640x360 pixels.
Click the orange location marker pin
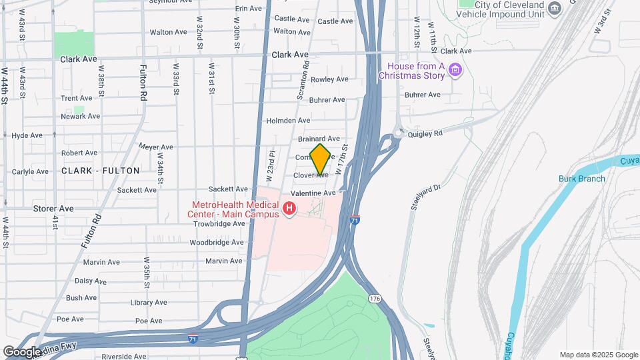tap(320, 159)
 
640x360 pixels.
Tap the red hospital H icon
tap(289, 209)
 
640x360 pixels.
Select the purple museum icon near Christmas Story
tap(456, 70)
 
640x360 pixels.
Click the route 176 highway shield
tap(375, 299)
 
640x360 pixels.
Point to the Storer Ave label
tap(53, 209)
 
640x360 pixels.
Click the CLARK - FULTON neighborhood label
tap(101, 171)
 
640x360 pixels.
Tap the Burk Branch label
tap(581, 179)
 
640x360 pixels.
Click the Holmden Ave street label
tap(288, 121)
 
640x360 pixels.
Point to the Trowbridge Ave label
tap(219, 224)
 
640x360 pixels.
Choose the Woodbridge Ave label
tap(217, 243)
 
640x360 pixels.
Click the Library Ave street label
tap(149, 303)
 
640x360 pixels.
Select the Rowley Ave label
tap(329, 79)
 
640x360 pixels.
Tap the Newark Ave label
tap(80, 116)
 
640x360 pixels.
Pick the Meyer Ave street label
tap(156, 147)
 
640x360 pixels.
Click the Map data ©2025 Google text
tap(598, 355)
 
